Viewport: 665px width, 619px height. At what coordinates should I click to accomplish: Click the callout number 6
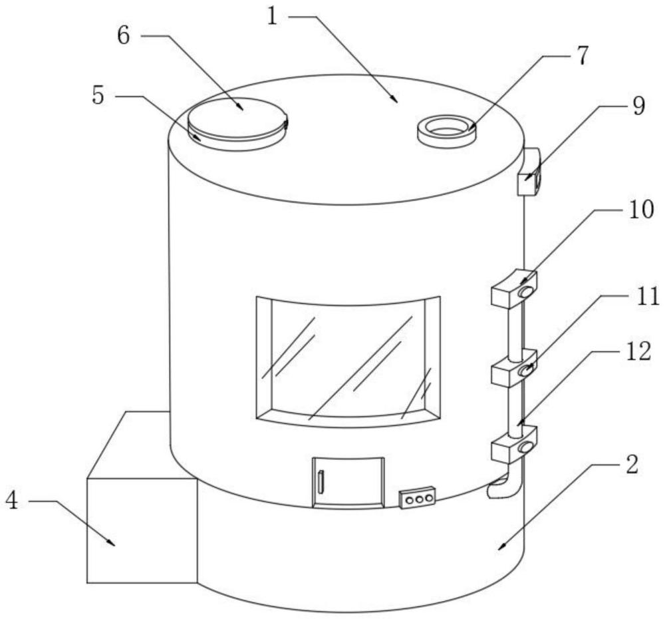click(x=124, y=35)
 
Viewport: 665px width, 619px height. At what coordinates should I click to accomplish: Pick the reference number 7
click(x=583, y=56)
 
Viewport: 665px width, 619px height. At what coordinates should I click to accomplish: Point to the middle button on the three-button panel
click(x=418, y=498)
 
